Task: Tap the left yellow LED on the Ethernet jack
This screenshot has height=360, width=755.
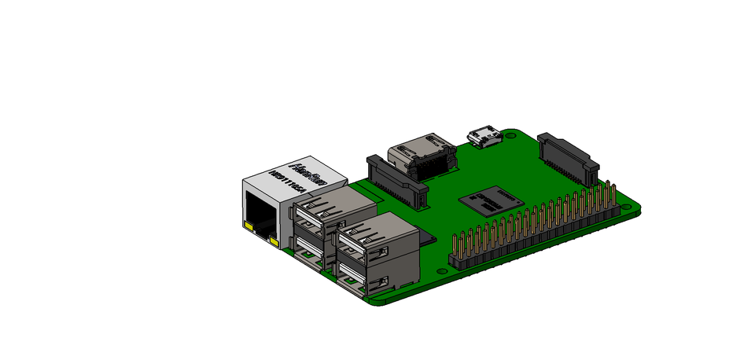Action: (249, 228)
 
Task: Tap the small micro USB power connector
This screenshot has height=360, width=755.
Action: (484, 138)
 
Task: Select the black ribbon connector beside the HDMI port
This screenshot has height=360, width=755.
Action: (397, 181)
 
